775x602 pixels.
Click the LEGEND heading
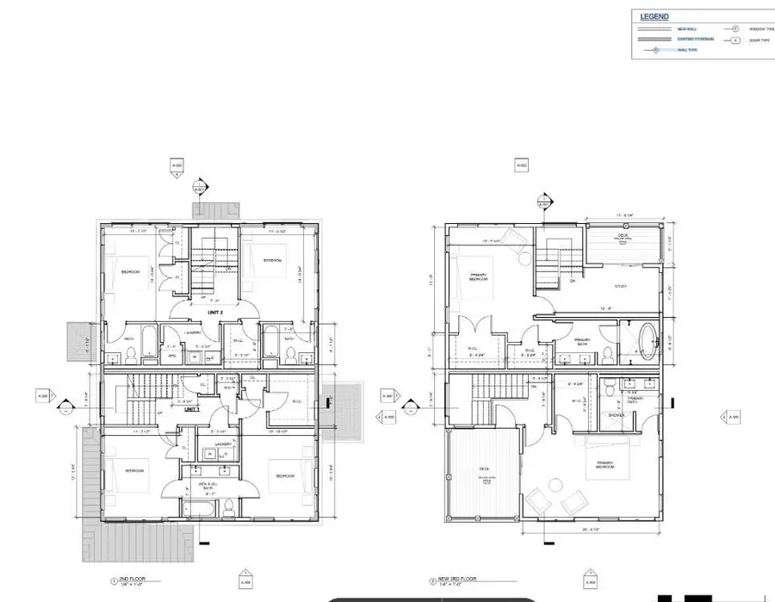tap(654, 16)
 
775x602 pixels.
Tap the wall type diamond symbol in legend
tap(656, 50)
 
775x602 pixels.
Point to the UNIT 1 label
tap(191, 409)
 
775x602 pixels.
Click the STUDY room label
tap(619, 286)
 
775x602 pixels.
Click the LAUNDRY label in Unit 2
tap(192, 332)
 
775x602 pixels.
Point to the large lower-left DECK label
tap(483, 469)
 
